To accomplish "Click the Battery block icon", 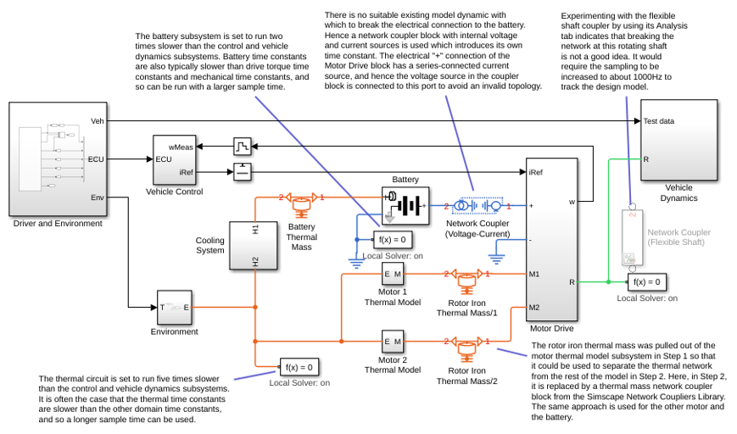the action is coord(405,206).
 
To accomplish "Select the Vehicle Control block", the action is coord(174,160).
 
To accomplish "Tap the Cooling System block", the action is coord(254,246).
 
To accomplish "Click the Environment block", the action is coord(175,308).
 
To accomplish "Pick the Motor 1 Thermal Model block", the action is coord(393,274).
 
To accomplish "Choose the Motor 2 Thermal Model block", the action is coord(393,342).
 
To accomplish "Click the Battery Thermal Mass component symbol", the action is coord(301,205).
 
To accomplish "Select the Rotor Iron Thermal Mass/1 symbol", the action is coord(466,281).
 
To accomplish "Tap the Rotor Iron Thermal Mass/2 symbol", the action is coord(466,348).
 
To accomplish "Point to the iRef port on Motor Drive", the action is coord(535,172).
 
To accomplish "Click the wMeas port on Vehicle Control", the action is coord(181,147).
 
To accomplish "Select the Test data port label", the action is coord(658,121).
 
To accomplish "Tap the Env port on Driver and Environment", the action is coord(98,198).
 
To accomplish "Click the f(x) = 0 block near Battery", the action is coord(393,240).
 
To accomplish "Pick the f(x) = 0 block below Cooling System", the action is coord(299,367).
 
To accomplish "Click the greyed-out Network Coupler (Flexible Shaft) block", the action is coord(632,237).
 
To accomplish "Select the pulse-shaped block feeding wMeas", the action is coord(243,147).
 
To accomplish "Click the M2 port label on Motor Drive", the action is coord(534,308).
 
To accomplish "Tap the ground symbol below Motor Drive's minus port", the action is coord(496,259).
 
